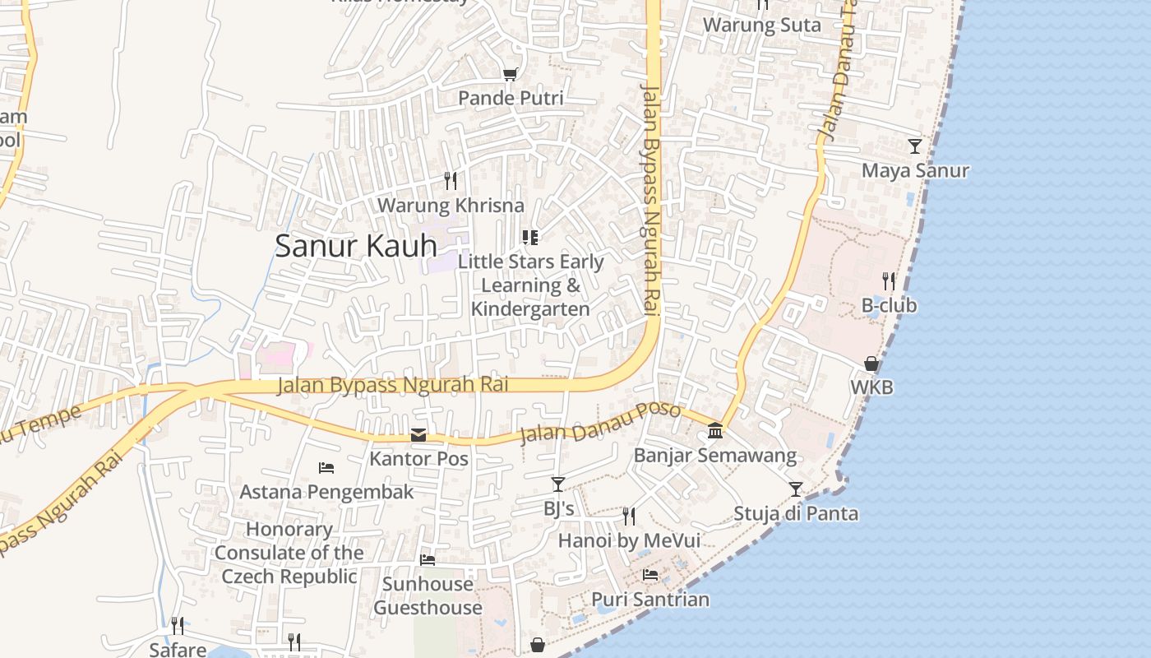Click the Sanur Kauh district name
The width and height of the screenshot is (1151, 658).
[x=355, y=246]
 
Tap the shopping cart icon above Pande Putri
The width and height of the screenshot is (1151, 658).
[x=510, y=75]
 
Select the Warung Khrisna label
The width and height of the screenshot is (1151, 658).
[x=451, y=205]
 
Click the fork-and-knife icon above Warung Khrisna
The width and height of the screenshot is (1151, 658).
[x=450, y=179]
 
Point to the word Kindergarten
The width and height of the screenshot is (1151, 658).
[x=530, y=309]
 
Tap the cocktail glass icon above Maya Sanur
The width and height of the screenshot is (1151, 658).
[x=914, y=146]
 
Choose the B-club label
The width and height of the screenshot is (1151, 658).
[x=889, y=305]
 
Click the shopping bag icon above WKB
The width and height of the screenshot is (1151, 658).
[x=871, y=363]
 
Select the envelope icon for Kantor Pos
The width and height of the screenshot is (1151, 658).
[x=418, y=435]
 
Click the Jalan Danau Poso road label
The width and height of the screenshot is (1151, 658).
[x=600, y=423]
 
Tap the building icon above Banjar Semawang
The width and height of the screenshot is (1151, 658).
[x=715, y=430]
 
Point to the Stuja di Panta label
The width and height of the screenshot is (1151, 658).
[x=795, y=514]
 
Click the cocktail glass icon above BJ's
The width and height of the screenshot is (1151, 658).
[x=558, y=484]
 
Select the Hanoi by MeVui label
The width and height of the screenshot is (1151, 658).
[x=629, y=540]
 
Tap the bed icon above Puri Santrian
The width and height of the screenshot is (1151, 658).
[x=650, y=575]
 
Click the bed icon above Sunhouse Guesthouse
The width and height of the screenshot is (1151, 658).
[x=428, y=560]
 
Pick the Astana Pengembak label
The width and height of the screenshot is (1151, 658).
[x=326, y=492]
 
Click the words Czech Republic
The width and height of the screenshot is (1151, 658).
[x=289, y=577]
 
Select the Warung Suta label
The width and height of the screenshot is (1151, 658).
[x=761, y=25]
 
